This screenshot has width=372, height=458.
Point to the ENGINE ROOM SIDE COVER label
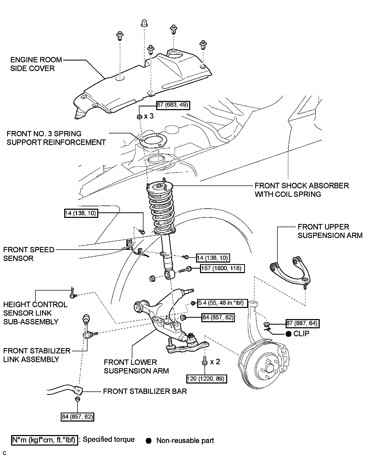(32, 64)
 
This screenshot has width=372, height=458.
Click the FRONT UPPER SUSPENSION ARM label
(330, 231)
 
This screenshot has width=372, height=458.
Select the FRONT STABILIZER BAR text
(145, 391)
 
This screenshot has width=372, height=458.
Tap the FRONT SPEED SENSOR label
(29, 254)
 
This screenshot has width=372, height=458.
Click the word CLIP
(301, 334)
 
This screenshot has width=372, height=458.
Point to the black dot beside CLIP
(289, 334)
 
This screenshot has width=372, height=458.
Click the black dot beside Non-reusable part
(149, 441)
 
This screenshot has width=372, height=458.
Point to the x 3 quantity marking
(149, 116)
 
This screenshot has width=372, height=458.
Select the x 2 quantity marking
(215, 362)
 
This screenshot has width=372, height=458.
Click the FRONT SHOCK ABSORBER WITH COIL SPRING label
(302, 190)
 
